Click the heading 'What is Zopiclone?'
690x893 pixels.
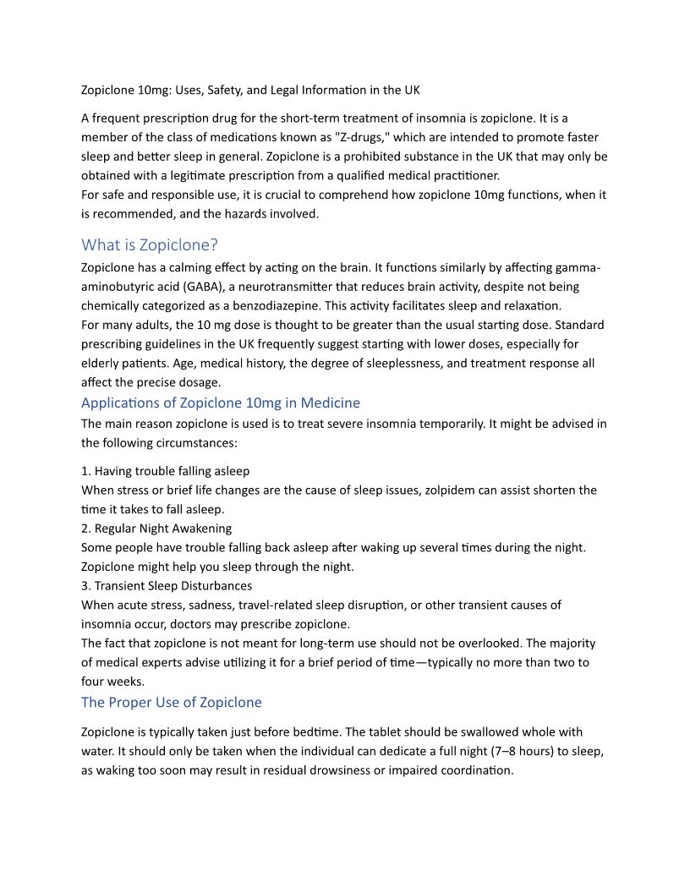pyautogui.click(x=150, y=245)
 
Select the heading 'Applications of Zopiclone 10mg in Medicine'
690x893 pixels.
pyautogui.click(x=221, y=403)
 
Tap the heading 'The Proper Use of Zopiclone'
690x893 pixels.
pyautogui.click(x=172, y=702)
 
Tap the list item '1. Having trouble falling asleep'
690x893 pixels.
pyautogui.click(x=166, y=471)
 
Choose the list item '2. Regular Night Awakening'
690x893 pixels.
pyautogui.click(x=156, y=529)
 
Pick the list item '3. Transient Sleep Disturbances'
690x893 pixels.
pyautogui.click(x=167, y=585)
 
